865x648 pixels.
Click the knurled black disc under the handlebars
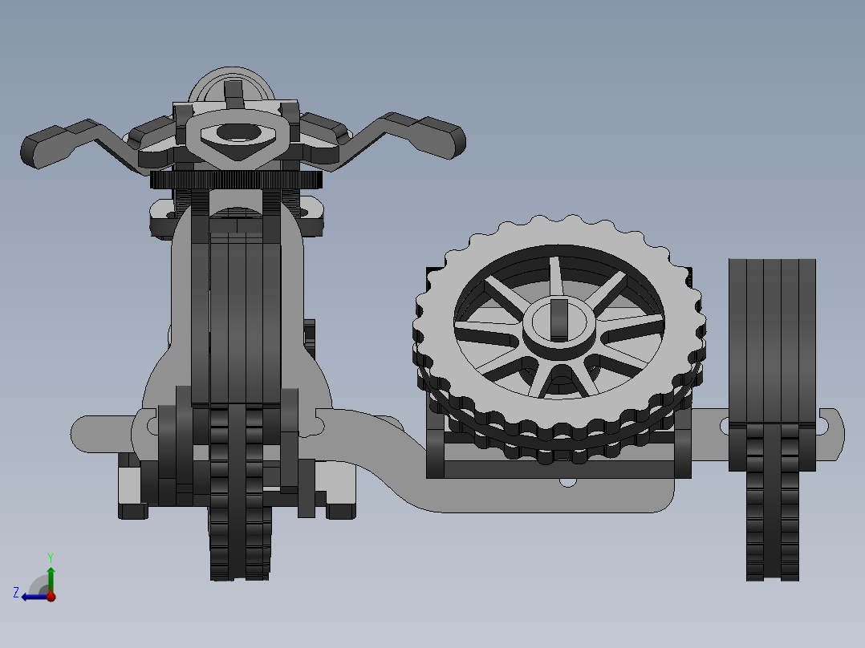click(x=236, y=180)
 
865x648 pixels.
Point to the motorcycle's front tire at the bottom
click(x=239, y=545)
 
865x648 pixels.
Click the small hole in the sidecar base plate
click(x=568, y=483)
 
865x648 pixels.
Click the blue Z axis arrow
click(x=32, y=596)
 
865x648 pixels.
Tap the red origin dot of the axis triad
click(x=51, y=596)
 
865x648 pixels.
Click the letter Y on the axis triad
click(x=50, y=557)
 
